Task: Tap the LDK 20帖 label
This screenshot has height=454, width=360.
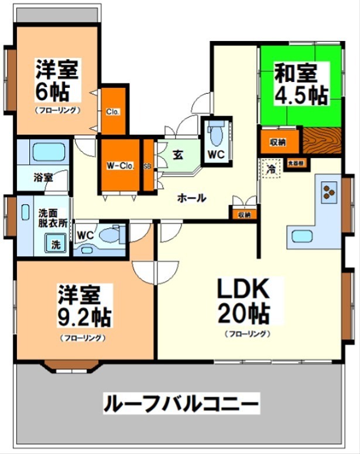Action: (244, 301)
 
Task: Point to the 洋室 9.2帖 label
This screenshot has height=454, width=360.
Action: (84, 305)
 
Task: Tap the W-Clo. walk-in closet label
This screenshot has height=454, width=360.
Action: (120, 166)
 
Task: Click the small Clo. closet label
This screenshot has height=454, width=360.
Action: (113, 112)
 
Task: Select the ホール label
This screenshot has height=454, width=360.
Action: (191, 198)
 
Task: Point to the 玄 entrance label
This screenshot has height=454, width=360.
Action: (179, 156)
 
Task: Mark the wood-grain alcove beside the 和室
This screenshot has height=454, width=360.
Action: (322, 141)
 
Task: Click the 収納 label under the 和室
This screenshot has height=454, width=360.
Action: (278, 142)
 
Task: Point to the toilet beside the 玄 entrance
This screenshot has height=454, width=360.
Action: (215, 136)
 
